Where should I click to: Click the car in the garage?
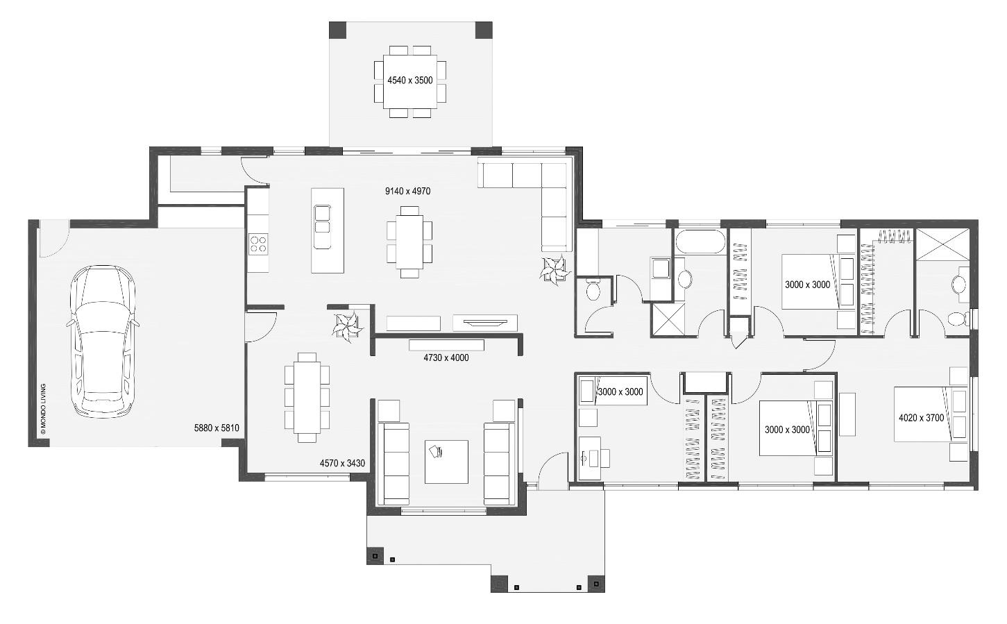tap(103, 341)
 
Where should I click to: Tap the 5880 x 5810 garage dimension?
tap(217, 428)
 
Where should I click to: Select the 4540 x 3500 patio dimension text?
tap(410, 81)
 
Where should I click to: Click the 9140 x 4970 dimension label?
tap(408, 191)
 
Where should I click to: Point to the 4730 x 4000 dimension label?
tap(446, 358)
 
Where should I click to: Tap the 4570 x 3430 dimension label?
tap(342, 463)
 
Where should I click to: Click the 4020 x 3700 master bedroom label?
tap(921, 418)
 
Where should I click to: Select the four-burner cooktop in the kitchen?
tap(258, 244)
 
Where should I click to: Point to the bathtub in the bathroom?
tap(700, 242)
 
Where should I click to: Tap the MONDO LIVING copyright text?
tap(43, 408)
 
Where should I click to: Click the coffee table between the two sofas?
tap(446, 462)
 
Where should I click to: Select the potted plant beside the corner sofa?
tap(555, 270)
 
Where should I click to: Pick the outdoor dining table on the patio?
tap(410, 81)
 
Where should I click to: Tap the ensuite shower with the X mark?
tap(943, 244)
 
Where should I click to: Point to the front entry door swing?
tap(553, 471)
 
